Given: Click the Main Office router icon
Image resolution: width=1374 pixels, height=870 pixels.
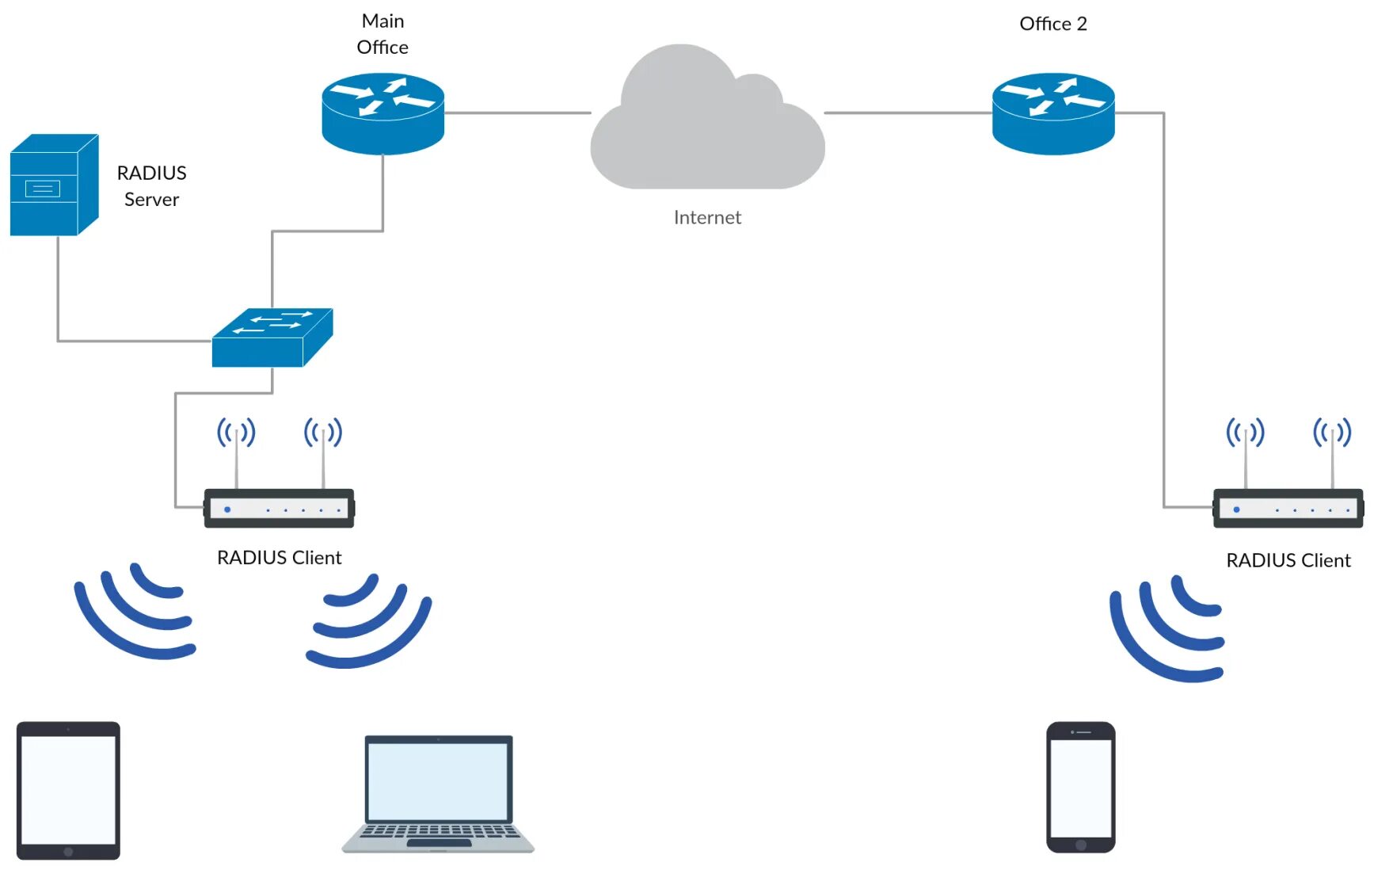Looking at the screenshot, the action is (383, 113).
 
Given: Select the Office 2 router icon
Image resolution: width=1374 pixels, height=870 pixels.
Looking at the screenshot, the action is (1053, 113).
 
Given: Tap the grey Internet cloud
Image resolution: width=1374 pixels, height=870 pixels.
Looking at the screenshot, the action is (707, 116).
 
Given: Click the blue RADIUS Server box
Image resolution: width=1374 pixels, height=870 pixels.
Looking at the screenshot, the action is (54, 185).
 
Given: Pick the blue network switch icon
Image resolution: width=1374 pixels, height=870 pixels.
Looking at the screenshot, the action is (272, 338).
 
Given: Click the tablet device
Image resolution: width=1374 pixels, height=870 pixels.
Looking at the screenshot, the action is (68, 790).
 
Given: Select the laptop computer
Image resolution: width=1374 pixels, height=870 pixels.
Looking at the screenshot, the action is (438, 794).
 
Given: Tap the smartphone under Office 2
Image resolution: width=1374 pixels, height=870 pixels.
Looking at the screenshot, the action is (1081, 787).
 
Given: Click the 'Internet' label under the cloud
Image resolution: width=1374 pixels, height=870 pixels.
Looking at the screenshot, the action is (707, 217).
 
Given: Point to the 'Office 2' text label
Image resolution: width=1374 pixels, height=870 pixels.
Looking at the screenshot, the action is (1053, 24).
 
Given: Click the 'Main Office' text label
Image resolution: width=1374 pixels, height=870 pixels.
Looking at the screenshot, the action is (383, 34).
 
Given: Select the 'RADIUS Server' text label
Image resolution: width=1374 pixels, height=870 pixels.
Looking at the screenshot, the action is (151, 186).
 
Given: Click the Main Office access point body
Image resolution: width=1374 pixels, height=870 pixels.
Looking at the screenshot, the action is (279, 508).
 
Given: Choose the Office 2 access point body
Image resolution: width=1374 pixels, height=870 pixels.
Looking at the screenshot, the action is (1288, 508).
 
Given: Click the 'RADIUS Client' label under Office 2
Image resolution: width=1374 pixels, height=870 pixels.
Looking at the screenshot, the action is (1288, 560).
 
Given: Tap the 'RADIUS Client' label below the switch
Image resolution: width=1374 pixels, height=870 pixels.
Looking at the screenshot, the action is (280, 558).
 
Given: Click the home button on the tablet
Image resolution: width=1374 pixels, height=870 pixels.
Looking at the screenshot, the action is (68, 852).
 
